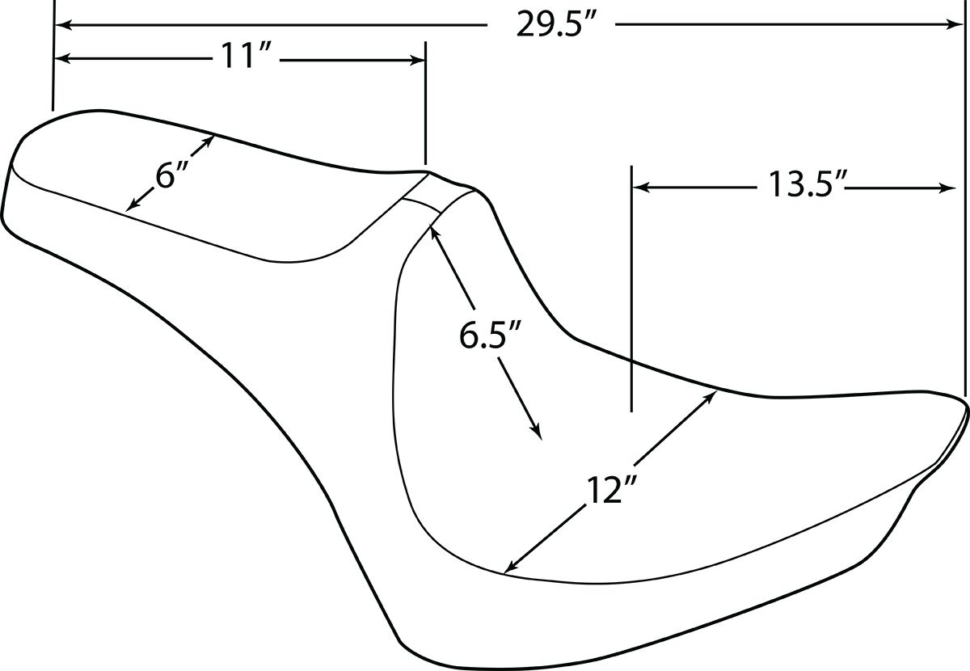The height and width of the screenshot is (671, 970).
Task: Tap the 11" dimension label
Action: point(246,56)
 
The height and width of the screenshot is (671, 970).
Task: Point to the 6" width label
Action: point(171,175)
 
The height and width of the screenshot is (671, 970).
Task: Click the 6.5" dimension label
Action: point(489,335)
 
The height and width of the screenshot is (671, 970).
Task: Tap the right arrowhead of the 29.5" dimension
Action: point(955,25)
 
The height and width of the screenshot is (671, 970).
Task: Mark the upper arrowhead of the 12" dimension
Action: point(711,397)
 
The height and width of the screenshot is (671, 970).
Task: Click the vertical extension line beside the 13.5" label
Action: point(632,289)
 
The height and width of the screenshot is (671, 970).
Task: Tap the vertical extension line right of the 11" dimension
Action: point(426,103)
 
